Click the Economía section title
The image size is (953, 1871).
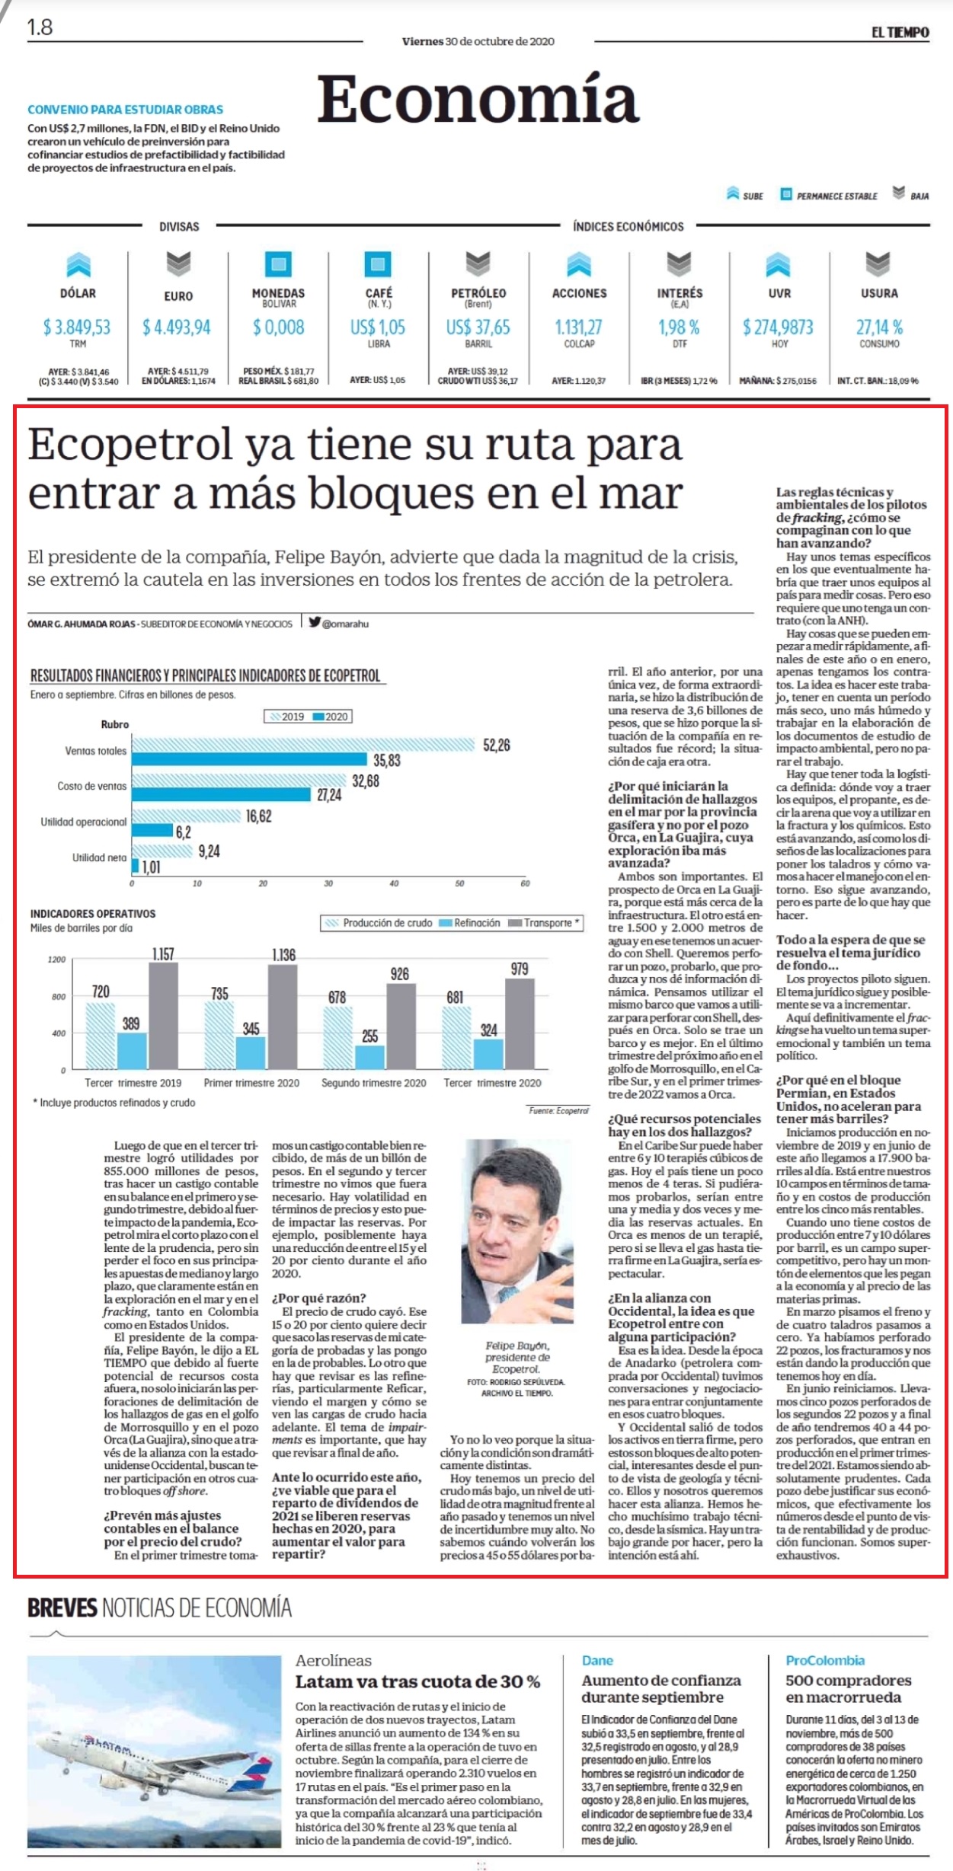pos(478,99)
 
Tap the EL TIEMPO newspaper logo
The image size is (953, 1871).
pos(900,32)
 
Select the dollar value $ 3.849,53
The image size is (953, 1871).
pos(77,327)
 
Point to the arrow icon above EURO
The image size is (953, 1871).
pos(178,264)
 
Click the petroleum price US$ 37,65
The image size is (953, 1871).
pos(478,327)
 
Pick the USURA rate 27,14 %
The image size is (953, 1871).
pos(879,327)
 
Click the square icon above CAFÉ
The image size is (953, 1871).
pos(378,264)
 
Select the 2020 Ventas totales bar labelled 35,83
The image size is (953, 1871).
pos(249,759)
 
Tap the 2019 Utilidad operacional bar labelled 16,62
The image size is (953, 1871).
pos(186,816)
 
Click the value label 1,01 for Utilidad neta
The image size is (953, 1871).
pos(152,867)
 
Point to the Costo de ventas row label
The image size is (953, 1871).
pos(91,786)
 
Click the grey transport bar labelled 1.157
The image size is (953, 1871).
pos(163,1016)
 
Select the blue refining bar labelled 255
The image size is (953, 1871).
pos(370,1057)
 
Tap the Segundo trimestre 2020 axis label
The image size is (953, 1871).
pos(373,1083)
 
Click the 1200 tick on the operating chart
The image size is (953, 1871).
pos(57,959)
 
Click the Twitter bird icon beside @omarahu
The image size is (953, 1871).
pos(314,622)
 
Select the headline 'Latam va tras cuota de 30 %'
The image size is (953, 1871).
pos(417,1681)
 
